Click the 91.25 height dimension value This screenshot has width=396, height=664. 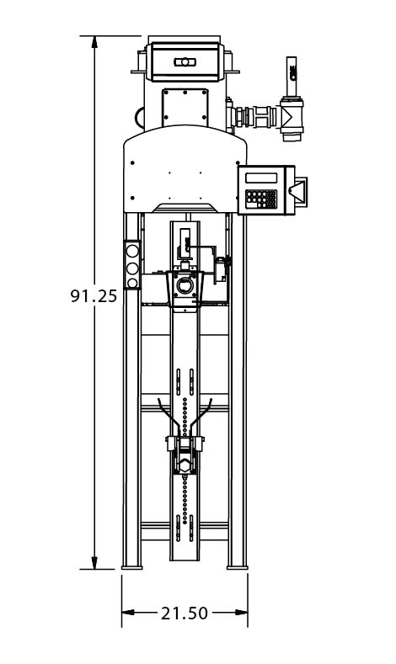click(x=94, y=295)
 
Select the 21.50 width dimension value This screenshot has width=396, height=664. click(x=185, y=613)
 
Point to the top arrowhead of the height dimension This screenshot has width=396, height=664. click(x=94, y=42)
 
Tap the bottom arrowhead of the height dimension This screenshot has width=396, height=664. click(x=94, y=563)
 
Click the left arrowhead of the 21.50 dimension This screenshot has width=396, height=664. click(x=128, y=612)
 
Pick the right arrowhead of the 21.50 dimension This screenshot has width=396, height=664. click(x=241, y=612)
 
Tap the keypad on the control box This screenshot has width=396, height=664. click(x=261, y=199)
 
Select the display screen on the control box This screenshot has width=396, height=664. click(x=261, y=178)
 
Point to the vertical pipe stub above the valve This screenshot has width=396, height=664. click(x=292, y=77)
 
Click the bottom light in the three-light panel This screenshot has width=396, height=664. click(x=132, y=283)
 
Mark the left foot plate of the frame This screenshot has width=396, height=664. click(x=131, y=567)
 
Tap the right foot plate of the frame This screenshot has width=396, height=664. click(x=238, y=567)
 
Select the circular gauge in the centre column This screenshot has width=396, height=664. click(x=185, y=285)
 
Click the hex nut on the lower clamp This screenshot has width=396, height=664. click(x=185, y=466)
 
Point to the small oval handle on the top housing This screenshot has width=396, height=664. click(x=185, y=61)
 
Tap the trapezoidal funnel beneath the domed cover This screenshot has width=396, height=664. click(x=185, y=208)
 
